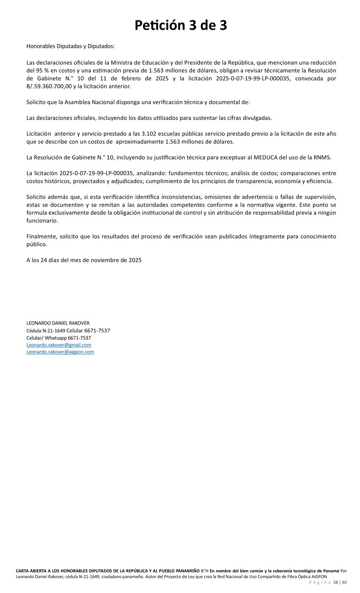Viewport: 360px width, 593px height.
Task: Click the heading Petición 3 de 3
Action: click(x=181, y=25)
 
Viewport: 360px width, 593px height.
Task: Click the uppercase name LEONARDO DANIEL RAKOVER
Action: click(x=58, y=323)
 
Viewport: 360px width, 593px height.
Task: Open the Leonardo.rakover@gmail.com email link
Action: click(x=59, y=345)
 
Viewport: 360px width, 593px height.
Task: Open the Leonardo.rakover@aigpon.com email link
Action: click(x=60, y=352)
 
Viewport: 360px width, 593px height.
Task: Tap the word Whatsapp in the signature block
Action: click(x=56, y=338)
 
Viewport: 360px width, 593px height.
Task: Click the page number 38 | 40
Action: click(x=340, y=582)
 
